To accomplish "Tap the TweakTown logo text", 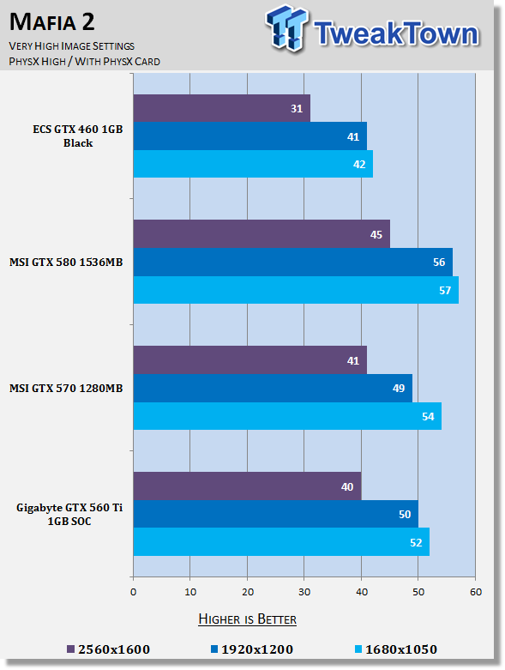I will pyautogui.click(x=395, y=33).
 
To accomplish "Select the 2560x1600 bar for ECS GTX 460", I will pyautogui.click(x=221, y=108).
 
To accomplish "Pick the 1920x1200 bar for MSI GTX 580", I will pyautogui.click(x=292, y=262).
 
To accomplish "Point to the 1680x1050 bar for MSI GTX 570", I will pyautogui.click(x=286, y=416).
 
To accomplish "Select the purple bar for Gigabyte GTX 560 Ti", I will pyautogui.click(x=247, y=486).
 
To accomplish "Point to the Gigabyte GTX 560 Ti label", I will pyautogui.click(x=69, y=514).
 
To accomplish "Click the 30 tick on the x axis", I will pyautogui.click(x=304, y=592).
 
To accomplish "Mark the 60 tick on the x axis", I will pyautogui.click(x=475, y=592).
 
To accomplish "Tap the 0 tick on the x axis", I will pyautogui.click(x=133, y=592).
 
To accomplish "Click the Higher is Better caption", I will pyautogui.click(x=247, y=619).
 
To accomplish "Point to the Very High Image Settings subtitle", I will pyautogui.click(x=71, y=45).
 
